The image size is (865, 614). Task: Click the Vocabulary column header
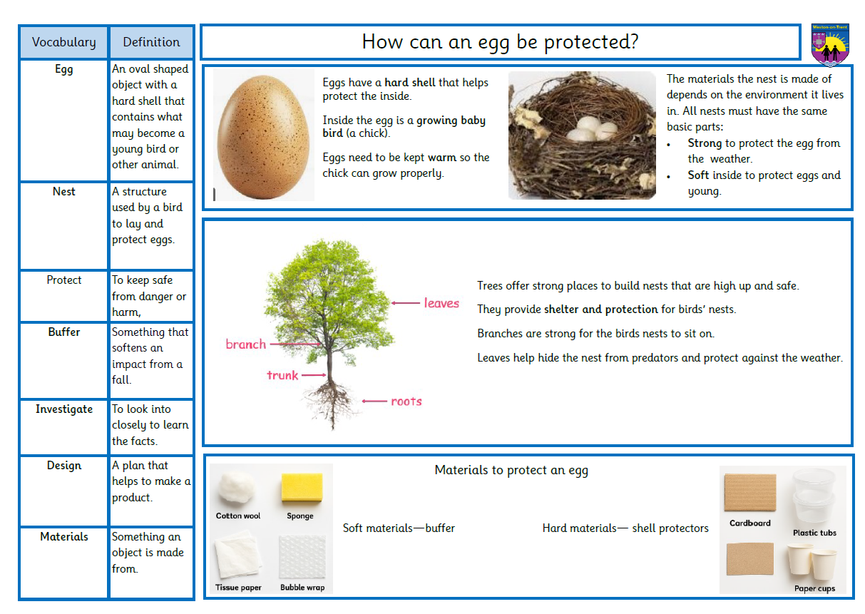[x=63, y=42]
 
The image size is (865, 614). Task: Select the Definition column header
[x=151, y=41]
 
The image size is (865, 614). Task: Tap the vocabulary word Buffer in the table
[x=64, y=332]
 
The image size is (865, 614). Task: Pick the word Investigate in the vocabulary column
[x=64, y=409]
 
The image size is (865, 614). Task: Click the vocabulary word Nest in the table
[x=63, y=192]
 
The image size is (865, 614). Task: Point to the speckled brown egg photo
[x=263, y=137]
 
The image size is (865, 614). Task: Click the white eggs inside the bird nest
[x=591, y=129]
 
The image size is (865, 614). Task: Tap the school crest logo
[x=830, y=44]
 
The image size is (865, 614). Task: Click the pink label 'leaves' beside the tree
[x=441, y=303]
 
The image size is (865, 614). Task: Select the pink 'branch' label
[x=245, y=344]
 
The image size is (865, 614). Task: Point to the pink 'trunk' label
[x=282, y=375]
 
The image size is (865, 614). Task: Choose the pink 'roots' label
[x=406, y=401]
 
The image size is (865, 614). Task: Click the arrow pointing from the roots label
[x=374, y=401]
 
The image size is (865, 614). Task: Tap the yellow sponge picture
[x=302, y=487]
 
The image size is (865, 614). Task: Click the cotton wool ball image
[x=236, y=488]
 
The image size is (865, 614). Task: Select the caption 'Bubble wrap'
[x=302, y=588]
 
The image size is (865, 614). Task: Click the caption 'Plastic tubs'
[x=814, y=533]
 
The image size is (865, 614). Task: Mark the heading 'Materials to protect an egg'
[x=511, y=471]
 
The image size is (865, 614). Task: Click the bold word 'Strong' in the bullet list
[x=705, y=143]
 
